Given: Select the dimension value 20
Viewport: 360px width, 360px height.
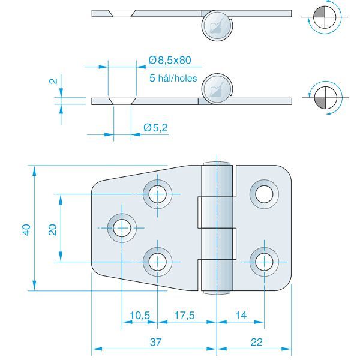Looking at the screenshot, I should (53, 229).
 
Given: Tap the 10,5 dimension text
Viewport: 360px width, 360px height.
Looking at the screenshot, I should (140, 314).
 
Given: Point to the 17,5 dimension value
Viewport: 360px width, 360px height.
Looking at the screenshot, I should (185, 314).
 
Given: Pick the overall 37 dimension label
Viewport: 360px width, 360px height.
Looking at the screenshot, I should (155, 342).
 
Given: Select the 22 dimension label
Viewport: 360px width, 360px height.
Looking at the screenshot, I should (257, 342).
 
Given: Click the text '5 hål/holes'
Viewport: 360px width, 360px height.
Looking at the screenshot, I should (173, 78).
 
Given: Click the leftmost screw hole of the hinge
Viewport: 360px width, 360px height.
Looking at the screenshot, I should (122, 227).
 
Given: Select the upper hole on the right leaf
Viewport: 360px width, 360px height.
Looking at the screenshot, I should (264, 194).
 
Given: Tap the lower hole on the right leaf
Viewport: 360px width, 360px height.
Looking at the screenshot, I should (264, 261).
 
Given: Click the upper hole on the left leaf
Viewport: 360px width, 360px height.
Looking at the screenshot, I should (157, 194).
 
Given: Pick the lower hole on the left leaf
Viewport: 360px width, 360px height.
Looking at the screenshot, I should (157, 261).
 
